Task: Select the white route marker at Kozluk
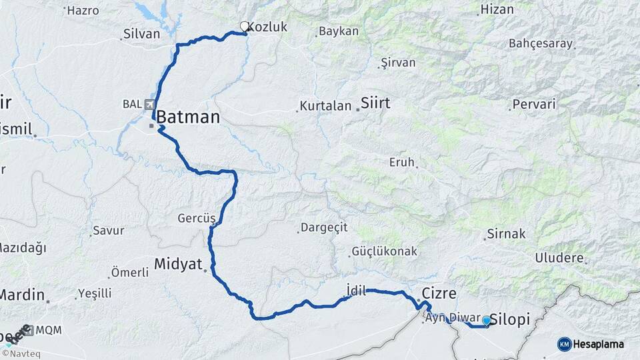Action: click(x=244, y=27)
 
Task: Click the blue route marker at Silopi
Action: click(x=486, y=321)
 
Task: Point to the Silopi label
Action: click(x=510, y=320)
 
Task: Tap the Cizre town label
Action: click(x=439, y=293)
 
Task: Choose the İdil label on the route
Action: click(x=357, y=289)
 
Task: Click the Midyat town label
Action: click(x=178, y=263)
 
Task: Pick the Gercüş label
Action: click(x=197, y=218)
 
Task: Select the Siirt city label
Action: click(x=375, y=103)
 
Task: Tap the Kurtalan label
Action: click(x=325, y=106)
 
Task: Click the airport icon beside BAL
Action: click(x=148, y=104)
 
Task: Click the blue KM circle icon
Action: click(x=564, y=344)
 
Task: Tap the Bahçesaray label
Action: click(x=541, y=44)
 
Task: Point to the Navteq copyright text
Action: click(x=25, y=354)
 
